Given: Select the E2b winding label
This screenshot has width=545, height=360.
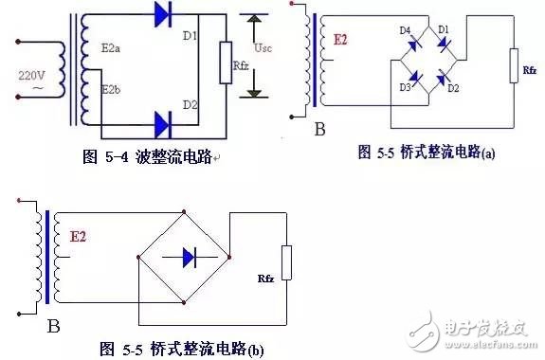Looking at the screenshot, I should [112, 92].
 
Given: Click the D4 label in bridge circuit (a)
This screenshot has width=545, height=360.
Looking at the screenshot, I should [405, 31].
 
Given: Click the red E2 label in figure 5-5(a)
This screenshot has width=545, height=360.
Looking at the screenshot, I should [340, 41].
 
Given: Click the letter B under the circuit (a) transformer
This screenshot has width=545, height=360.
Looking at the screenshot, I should [319, 125].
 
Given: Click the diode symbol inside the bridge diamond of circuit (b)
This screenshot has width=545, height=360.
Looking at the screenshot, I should [186, 256].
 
